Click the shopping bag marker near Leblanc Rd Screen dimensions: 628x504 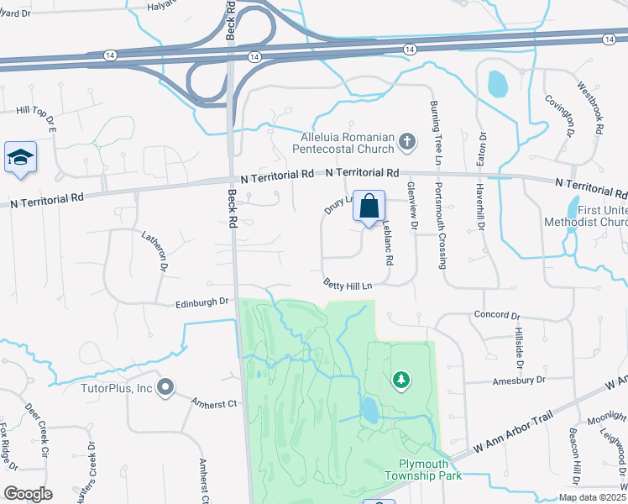pos(369,207)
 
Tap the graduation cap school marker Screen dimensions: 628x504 pos(20,157)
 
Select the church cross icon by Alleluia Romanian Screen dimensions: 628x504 pos(407,141)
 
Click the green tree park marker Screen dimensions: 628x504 pos(402,381)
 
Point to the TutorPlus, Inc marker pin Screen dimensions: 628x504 pos(166,388)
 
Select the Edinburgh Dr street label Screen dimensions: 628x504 pos(202,302)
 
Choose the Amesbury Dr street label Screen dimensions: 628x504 pos(517,380)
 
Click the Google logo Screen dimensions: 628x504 pos(28,494)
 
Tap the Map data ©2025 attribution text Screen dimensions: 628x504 pos(591,497)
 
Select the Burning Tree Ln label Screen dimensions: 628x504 pos(435,132)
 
